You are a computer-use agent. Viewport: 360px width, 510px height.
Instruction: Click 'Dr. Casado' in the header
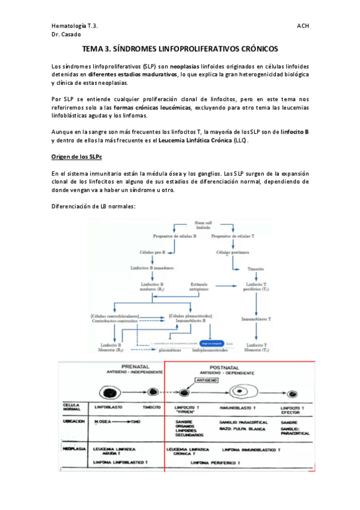[x=67, y=35]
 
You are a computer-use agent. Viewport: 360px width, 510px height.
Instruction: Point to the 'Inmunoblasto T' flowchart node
[x=257, y=318]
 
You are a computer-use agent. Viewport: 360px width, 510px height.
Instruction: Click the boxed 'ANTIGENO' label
[x=214, y=379]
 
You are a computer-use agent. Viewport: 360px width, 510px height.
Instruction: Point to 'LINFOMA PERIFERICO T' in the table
[x=218, y=462]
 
